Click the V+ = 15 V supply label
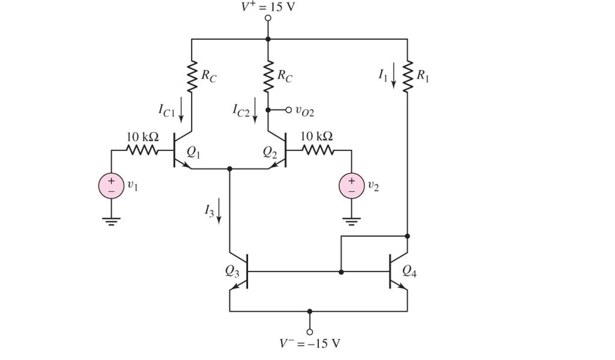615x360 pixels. (x=268, y=7)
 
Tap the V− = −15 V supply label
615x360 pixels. (x=309, y=344)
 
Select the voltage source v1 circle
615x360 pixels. (x=111, y=186)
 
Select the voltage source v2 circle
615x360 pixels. (x=351, y=186)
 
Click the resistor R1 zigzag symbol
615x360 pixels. (x=407, y=76)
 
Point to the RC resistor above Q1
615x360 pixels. (x=192, y=76)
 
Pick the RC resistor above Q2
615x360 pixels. (x=268, y=76)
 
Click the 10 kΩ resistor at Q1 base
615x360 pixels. (x=142, y=150)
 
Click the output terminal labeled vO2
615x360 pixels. (x=288, y=110)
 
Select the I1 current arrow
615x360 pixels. (x=394, y=76)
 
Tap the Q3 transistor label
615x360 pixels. (x=232, y=271)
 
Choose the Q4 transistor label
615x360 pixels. (x=409, y=271)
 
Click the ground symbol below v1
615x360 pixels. (x=111, y=221)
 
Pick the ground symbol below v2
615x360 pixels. (x=351, y=221)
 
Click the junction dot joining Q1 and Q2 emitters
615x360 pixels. (x=229, y=169)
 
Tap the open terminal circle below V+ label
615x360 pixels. (x=268, y=18)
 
